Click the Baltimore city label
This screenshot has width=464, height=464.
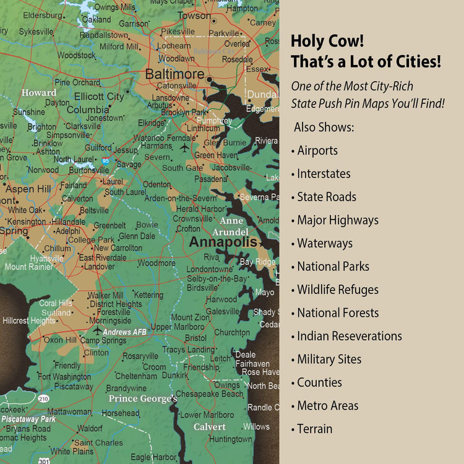pos(174,74)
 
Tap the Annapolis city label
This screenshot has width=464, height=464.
pos(223,242)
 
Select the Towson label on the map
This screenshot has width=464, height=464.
pos(194,15)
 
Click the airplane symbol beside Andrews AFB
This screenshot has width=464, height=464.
pos(97,330)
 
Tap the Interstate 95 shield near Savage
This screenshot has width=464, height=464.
pos(106,161)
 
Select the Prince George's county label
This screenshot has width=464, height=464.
pos(143,398)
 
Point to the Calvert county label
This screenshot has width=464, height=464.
pos(209,427)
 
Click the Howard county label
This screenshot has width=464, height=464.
pos(39,93)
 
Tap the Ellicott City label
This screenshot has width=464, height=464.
pos(99,97)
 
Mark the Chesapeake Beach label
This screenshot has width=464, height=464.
pos(210,393)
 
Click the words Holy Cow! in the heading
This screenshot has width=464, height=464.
pos(327,41)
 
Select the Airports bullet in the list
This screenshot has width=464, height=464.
pos(317,150)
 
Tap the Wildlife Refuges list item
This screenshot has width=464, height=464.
pos(337,290)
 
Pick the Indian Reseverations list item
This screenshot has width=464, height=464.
pos(349,336)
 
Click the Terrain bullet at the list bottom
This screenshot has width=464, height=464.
pos(314,429)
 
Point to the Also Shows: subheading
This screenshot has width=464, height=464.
pos(324,127)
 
